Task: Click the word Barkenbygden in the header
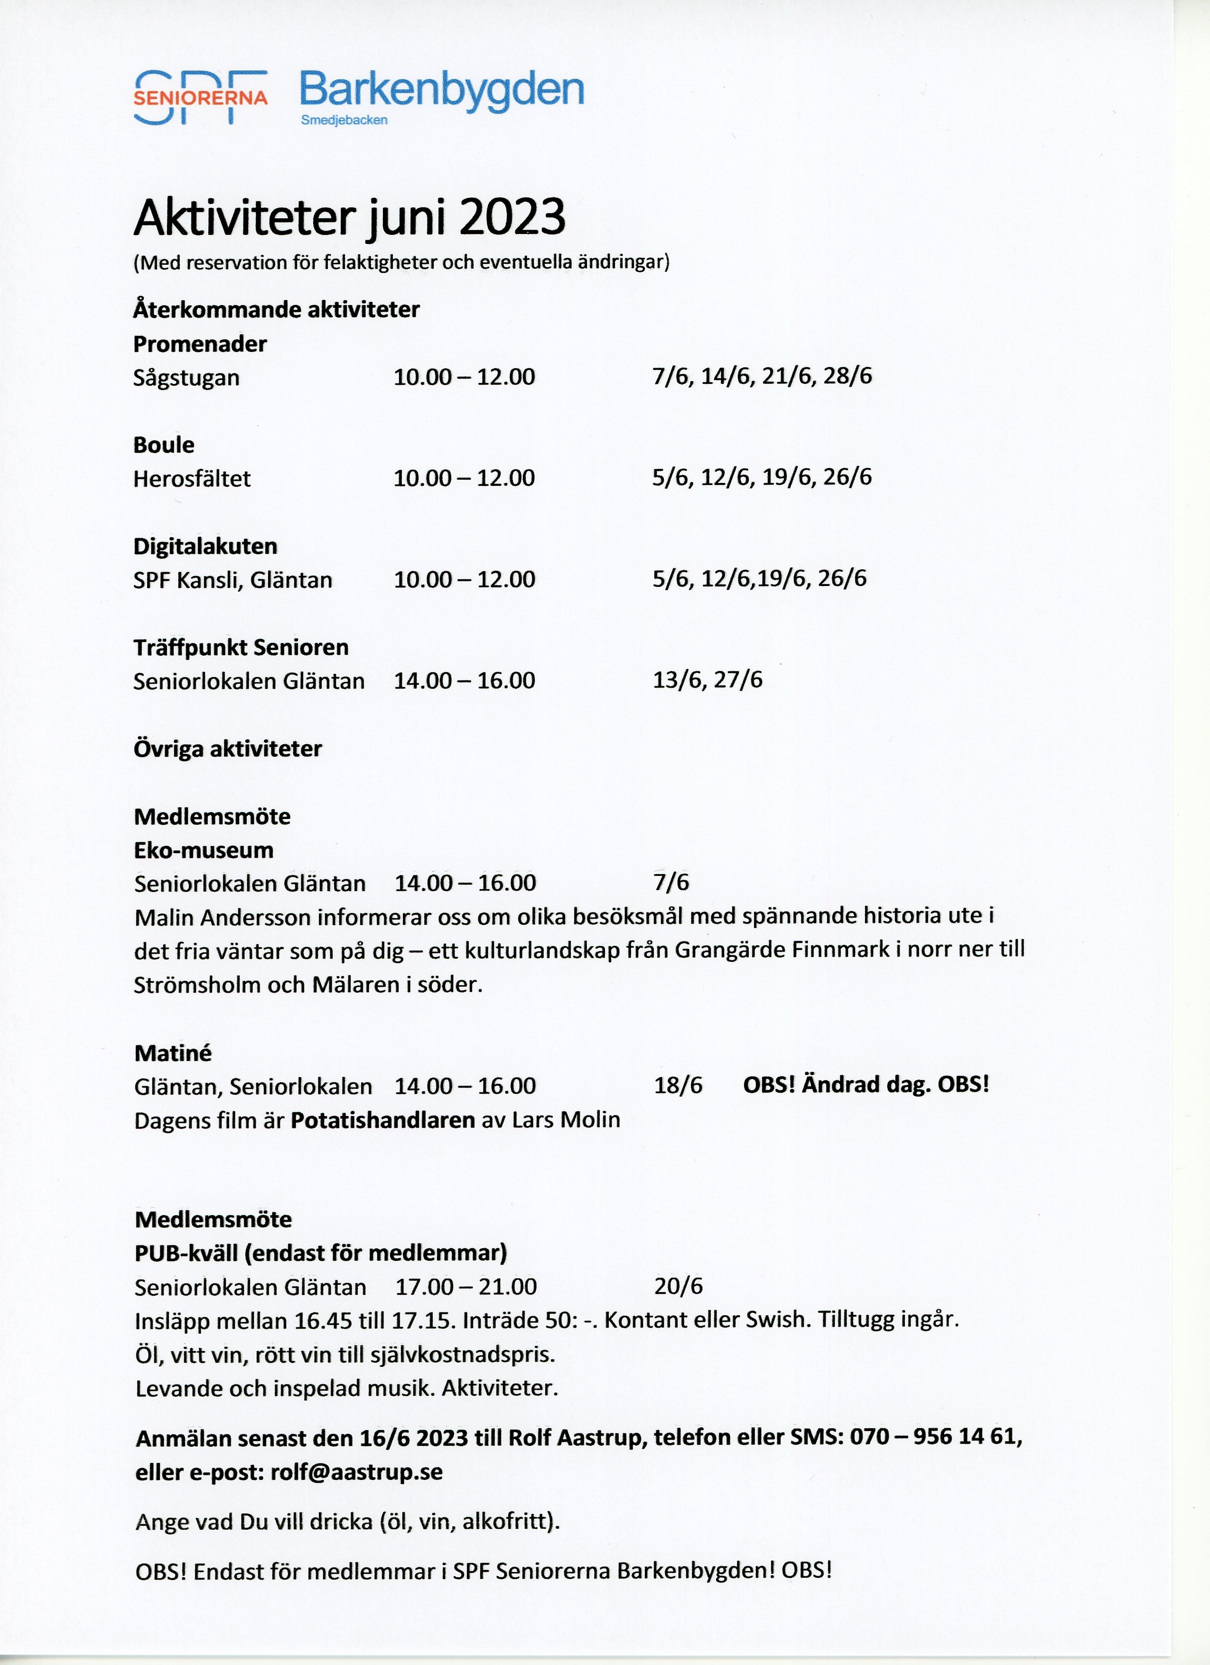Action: pos(441,90)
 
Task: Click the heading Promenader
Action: pos(200,344)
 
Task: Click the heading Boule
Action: pos(164,445)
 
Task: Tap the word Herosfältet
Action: pos(192,479)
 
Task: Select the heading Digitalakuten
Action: pos(205,546)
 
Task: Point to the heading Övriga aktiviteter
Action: pos(228,749)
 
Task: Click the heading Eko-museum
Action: pos(204,850)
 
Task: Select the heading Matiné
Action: pos(173,1053)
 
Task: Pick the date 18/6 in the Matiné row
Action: pos(678,1085)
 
